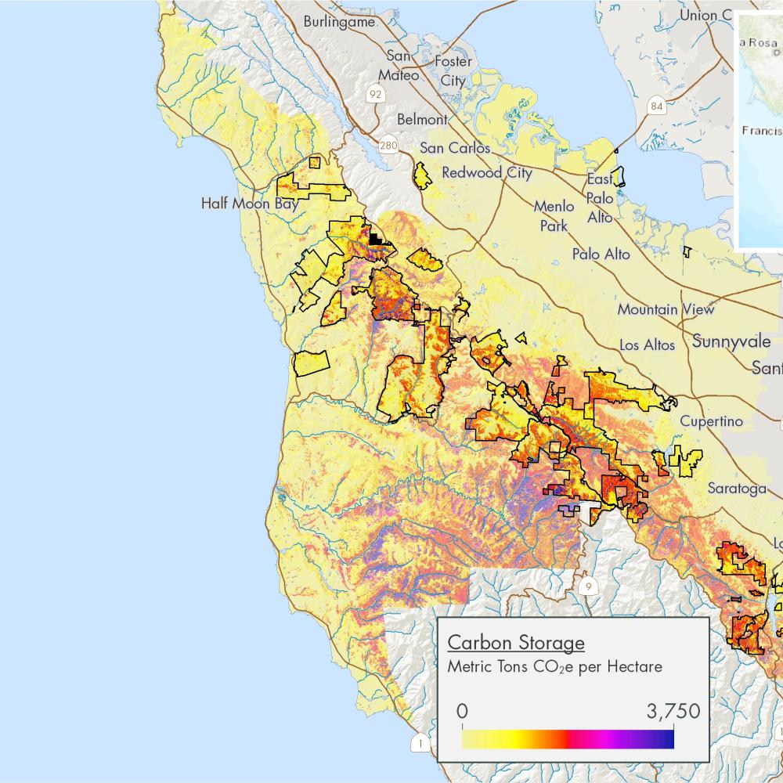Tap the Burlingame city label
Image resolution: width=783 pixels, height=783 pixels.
click(x=339, y=22)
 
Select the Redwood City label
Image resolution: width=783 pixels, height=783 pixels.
click(x=487, y=173)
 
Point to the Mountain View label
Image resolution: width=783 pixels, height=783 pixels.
click(x=666, y=309)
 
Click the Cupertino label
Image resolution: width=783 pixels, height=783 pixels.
click(x=711, y=421)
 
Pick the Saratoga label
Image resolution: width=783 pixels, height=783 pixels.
click(x=737, y=488)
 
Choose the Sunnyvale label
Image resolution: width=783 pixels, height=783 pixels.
click(x=731, y=341)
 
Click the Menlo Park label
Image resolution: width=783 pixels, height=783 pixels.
click(x=554, y=215)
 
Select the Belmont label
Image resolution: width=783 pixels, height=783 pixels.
click(x=423, y=120)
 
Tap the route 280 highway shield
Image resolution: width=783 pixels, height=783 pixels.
click(x=388, y=146)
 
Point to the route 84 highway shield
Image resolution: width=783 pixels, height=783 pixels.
click(x=656, y=106)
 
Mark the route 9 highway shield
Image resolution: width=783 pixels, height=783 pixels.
click(x=587, y=586)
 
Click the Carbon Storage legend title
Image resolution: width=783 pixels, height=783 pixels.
click(x=515, y=643)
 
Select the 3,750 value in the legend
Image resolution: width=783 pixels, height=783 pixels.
click(x=673, y=712)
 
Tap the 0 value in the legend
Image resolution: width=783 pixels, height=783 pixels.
click(x=462, y=712)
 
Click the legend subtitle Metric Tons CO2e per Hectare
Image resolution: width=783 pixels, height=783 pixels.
click(x=554, y=667)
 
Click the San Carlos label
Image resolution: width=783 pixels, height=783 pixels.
click(x=455, y=148)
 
